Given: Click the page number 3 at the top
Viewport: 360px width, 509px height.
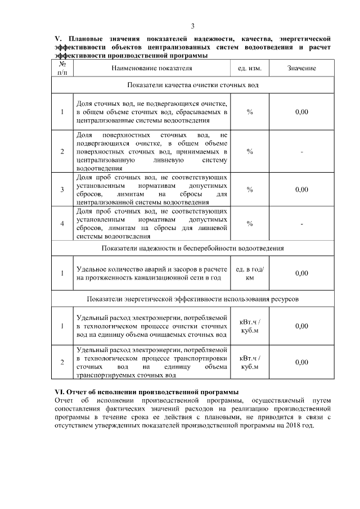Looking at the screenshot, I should [192, 26].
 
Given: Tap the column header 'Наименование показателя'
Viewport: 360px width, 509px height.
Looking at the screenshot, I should [152, 68].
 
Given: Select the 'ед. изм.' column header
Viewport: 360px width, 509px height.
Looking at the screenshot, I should [250, 68].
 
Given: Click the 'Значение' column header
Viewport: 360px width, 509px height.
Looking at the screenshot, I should [301, 68].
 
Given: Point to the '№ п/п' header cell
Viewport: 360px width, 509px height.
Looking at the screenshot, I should [62, 68].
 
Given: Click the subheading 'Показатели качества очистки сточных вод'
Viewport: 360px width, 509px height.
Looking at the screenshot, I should [192, 85].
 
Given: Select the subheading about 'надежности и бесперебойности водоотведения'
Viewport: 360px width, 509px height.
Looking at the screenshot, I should [192, 248].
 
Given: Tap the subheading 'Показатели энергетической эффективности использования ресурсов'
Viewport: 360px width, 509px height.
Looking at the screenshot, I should [192, 298].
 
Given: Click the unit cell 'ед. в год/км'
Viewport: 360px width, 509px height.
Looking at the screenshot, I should [250, 273].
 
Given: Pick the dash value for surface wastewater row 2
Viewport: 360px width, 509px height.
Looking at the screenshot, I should [302, 152].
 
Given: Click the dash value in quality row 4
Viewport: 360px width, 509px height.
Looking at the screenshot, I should [302, 224].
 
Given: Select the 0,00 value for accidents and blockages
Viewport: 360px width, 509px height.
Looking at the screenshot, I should [301, 273].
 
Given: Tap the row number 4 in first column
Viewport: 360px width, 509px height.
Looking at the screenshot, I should [62, 224].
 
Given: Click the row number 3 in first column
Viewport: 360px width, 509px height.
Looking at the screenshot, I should [62, 190].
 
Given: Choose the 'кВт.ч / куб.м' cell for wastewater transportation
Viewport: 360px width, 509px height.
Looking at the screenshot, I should [250, 362].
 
